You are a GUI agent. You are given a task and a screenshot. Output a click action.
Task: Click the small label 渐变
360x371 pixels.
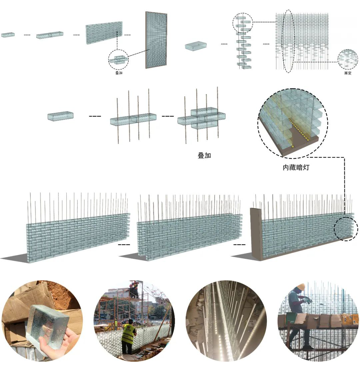(x=348, y=73)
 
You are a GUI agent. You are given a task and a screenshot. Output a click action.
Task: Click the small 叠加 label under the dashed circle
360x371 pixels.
(x=119, y=73)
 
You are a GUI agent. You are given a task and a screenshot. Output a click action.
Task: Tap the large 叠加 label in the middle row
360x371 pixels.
(x=204, y=156)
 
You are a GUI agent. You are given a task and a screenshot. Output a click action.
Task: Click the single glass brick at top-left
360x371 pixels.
(x=8, y=34)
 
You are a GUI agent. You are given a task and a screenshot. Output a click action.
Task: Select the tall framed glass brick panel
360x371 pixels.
(x=156, y=40)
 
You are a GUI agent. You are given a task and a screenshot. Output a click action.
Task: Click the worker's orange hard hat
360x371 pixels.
(x=302, y=286)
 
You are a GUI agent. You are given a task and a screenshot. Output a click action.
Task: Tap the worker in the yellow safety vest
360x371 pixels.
(x=128, y=333)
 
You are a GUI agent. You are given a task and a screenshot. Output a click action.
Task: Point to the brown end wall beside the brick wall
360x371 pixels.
(x=256, y=233)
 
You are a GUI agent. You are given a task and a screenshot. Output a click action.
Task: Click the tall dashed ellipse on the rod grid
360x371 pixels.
(x=288, y=42)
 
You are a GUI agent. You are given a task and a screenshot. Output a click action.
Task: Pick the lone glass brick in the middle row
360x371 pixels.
(x=60, y=116)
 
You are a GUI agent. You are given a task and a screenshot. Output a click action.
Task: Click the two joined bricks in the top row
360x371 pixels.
(x=50, y=35)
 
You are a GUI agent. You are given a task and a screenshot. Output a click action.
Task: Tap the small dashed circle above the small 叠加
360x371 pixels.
(x=118, y=60)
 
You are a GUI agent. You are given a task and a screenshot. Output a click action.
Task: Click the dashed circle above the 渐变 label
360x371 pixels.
(x=348, y=59)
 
